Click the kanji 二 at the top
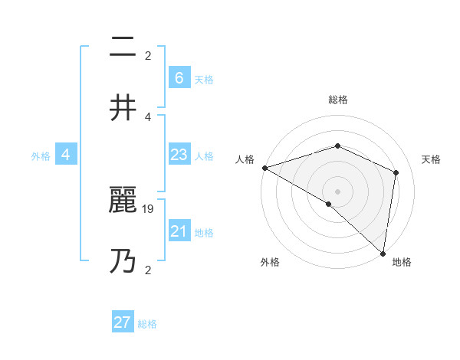[x=123, y=49]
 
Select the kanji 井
[x=123, y=108]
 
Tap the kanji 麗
[x=123, y=201]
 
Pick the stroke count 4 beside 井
[x=148, y=116]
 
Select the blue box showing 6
[x=179, y=78]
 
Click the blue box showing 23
[x=179, y=155]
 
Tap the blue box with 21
[x=179, y=231]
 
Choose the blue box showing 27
[x=123, y=322]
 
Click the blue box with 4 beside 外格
[x=66, y=155]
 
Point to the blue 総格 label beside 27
[x=147, y=324]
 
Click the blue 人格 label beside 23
[x=204, y=155]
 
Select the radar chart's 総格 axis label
[x=337, y=100]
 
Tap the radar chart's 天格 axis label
[x=432, y=159]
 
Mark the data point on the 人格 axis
[x=264, y=167]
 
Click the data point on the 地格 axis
[x=383, y=253]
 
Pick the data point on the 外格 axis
[x=329, y=204]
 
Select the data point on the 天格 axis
[x=396, y=172]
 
